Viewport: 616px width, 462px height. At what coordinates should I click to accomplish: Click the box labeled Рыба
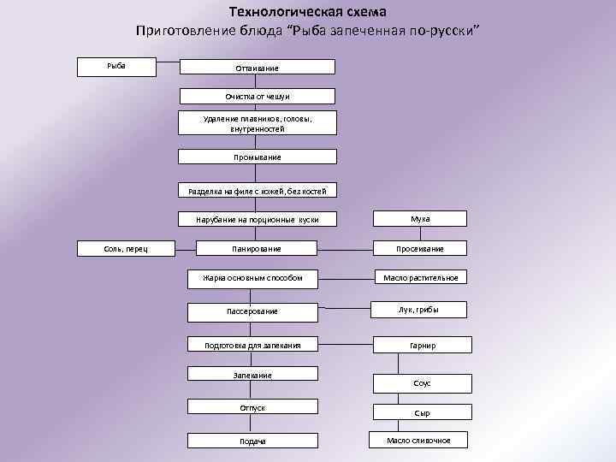(x=116, y=66)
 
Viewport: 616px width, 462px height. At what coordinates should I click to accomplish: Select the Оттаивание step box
(x=257, y=68)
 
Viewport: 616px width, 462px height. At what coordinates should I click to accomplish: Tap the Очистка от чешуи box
(x=257, y=97)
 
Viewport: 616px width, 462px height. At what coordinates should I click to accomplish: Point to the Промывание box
(x=257, y=157)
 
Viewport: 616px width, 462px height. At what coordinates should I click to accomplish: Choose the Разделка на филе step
(x=257, y=190)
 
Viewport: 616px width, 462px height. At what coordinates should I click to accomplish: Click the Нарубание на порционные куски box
(x=257, y=219)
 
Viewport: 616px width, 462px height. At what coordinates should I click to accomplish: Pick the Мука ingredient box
(x=420, y=219)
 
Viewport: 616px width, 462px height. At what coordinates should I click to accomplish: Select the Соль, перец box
(x=126, y=248)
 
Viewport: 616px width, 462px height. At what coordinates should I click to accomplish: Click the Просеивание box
(x=420, y=248)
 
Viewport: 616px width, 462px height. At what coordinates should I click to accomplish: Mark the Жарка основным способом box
(x=252, y=277)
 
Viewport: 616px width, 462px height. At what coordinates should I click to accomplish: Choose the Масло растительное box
(x=420, y=277)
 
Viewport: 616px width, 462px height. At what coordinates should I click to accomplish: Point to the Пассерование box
(x=252, y=311)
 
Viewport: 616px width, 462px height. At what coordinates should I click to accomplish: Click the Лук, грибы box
(x=420, y=310)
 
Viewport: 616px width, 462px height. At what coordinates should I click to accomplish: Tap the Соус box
(x=423, y=383)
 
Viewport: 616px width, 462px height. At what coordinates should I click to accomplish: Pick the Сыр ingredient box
(x=423, y=412)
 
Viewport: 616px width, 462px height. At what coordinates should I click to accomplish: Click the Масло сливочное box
(x=419, y=440)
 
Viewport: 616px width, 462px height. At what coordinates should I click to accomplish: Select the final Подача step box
(x=252, y=441)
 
